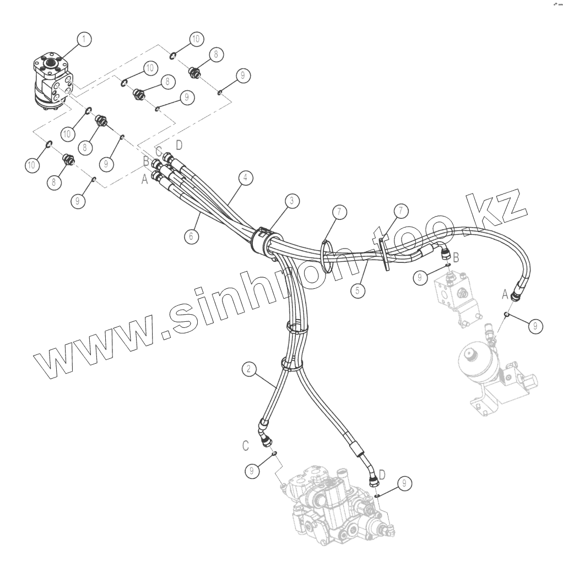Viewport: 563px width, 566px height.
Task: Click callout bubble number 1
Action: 84,39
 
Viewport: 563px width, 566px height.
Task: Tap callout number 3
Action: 292,201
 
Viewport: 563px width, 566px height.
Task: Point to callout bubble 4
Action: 246,178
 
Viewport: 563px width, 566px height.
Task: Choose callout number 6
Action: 191,236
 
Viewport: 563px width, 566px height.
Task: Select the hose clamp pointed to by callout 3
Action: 263,239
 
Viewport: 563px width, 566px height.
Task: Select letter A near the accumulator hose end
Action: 505,295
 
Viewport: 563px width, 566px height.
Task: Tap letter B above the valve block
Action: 456,256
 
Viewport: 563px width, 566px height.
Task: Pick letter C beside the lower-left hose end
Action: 247,444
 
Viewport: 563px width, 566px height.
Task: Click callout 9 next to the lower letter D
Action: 404,483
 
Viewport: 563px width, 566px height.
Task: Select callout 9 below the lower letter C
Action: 252,470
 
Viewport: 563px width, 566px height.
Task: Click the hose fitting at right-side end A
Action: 517,295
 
